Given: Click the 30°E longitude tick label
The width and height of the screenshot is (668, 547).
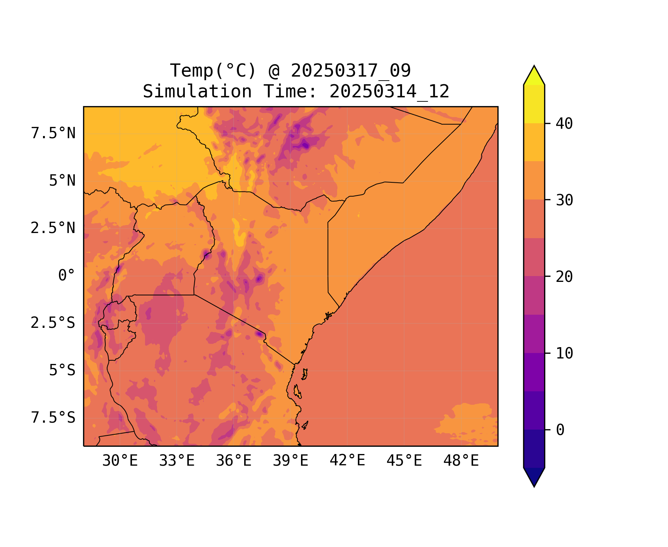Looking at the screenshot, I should [120, 461].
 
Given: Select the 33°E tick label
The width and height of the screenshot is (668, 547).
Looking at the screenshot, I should [177, 461].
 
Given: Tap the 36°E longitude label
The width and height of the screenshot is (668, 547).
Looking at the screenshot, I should [234, 461].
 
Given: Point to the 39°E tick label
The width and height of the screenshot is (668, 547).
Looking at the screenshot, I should [290, 461].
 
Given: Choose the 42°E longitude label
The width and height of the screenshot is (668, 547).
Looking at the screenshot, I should [347, 461].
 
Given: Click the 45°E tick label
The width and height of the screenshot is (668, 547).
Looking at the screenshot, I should [404, 461].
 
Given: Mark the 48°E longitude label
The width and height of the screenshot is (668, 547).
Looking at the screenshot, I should [461, 461].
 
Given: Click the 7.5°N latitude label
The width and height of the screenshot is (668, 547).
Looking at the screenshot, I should [53, 133].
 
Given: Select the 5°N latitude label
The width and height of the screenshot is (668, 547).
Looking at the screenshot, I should [62, 181].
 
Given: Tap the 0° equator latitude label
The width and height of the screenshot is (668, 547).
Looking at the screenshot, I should [66, 275].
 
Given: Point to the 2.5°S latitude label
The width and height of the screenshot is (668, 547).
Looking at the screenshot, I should [53, 323].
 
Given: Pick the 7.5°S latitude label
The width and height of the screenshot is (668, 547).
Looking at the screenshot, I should [53, 418].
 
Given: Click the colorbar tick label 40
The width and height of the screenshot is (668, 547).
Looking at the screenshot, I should [564, 124].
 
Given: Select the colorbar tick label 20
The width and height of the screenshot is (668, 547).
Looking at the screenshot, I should [564, 277].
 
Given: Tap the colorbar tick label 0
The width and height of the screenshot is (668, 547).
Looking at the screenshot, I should [560, 430].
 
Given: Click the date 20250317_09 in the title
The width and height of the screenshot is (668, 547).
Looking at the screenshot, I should [351, 70].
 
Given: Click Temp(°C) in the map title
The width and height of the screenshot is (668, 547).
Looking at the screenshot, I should [213, 70].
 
